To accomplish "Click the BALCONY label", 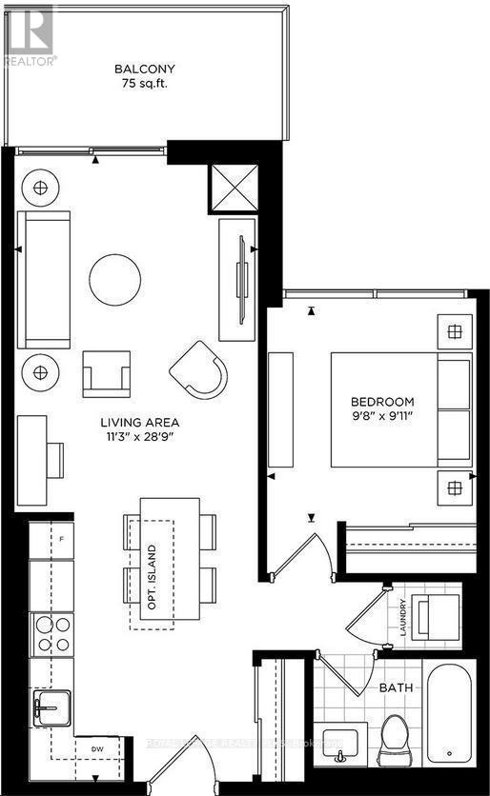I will (x=145, y=69).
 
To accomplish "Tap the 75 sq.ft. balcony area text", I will (x=145, y=84).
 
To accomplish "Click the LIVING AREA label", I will (x=142, y=422).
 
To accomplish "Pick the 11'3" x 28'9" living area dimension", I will (x=142, y=436).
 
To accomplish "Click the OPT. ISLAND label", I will (x=151, y=568).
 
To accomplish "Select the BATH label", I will (x=395, y=687).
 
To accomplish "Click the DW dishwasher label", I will (x=96, y=750).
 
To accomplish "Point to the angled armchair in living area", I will (x=202, y=370).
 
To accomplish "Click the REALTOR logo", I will (x=29, y=33).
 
